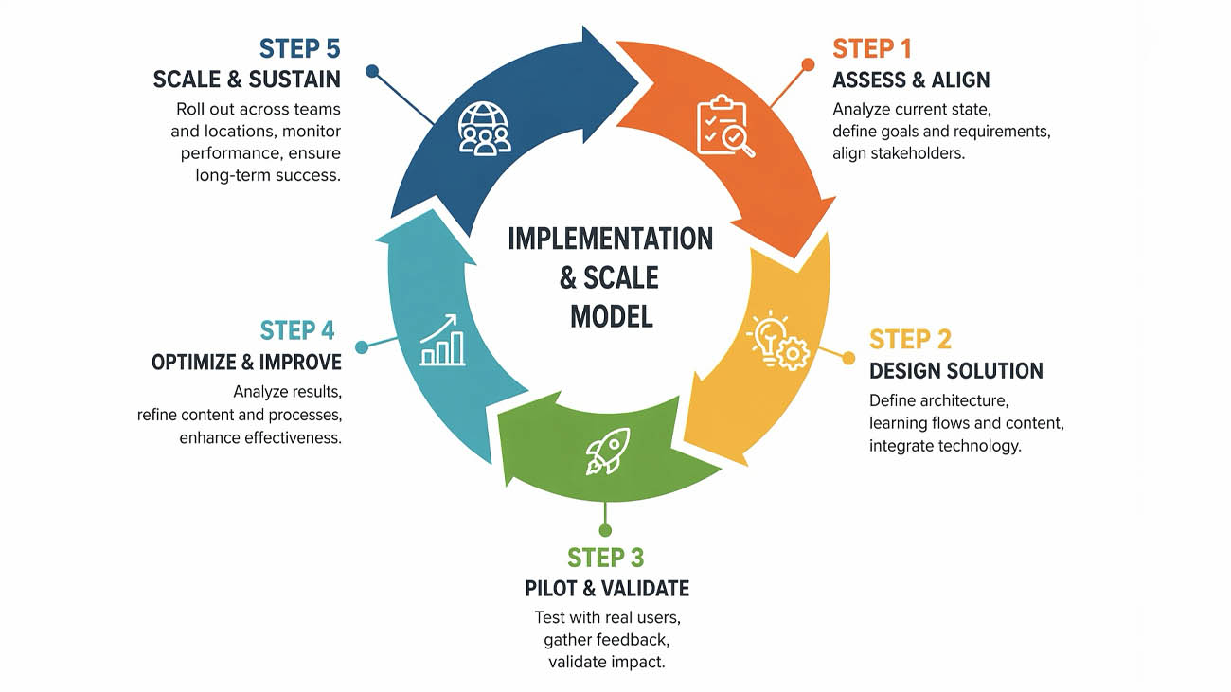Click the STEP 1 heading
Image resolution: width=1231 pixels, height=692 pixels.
click(x=871, y=48)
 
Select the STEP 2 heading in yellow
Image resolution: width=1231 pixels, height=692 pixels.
click(x=910, y=340)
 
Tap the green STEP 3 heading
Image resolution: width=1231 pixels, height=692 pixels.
click(x=606, y=558)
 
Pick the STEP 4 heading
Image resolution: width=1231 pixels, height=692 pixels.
click(x=297, y=330)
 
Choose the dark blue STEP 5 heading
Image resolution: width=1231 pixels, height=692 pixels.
click(x=299, y=48)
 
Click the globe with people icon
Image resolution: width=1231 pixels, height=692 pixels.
click(x=484, y=128)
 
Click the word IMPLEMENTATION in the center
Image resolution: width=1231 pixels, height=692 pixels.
click(x=610, y=238)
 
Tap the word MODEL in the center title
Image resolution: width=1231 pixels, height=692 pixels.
click(x=611, y=315)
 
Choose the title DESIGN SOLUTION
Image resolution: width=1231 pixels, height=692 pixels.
click(x=956, y=371)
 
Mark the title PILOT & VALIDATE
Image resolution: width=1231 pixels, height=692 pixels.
click(x=607, y=588)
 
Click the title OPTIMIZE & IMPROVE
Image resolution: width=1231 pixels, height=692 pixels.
click(x=246, y=363)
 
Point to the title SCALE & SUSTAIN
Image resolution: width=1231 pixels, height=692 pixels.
click(x=247, y=80)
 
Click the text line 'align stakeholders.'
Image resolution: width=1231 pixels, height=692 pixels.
click(x=899, y=153)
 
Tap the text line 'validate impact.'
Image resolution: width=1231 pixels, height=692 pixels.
click(x=607, y=662)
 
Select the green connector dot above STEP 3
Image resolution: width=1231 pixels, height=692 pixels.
click(x=606, y=530)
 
